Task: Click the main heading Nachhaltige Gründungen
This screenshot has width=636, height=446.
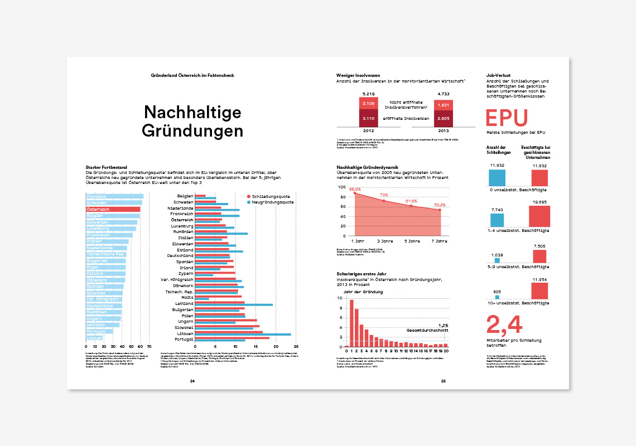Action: pos(192,122)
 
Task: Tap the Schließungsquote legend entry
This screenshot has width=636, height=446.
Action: pos(270,196)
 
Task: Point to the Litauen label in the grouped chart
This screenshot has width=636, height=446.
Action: pos(185,333)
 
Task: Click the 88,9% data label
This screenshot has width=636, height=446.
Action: pos(355,190)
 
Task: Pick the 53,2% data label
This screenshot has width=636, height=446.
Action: pos(439,205)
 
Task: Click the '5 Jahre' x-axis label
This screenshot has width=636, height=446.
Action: pos(412,241)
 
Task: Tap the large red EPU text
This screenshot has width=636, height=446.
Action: pos(507,118)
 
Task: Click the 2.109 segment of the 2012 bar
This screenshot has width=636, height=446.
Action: pos(368,104)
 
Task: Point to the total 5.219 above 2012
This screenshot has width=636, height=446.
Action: pos(368,94)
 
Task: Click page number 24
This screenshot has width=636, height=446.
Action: pos(192,381)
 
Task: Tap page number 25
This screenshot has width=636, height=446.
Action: pos(444,381)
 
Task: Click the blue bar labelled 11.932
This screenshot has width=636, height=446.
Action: pos(497,178)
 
